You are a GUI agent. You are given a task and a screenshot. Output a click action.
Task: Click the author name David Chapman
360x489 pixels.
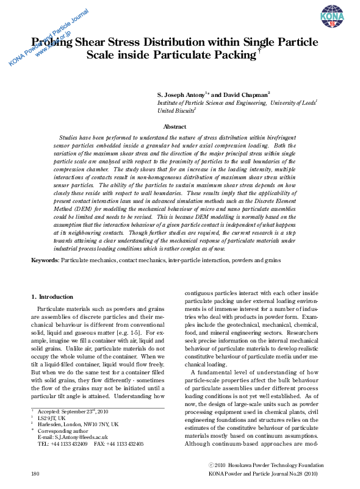243,95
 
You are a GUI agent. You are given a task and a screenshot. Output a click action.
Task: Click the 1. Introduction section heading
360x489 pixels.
52,297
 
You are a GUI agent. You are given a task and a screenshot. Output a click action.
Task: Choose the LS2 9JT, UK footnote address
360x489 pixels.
51,418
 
